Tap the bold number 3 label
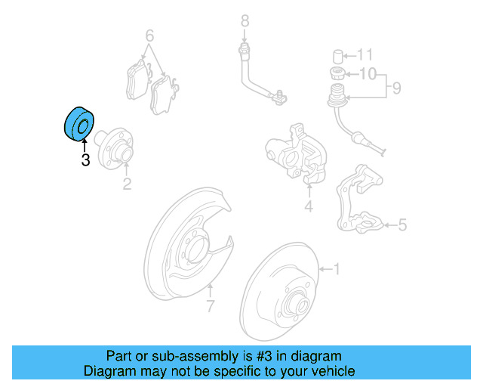coord(85,160)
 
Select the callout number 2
coord(127,184)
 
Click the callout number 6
coord(149,36)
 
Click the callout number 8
coord(244,19)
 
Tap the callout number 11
coord(365,54)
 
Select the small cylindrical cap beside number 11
coord(339,55)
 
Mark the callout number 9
coord(395,89)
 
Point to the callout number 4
coord(308,206)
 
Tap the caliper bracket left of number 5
coord(358,204)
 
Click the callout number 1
coord(337,268)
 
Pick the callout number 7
coord(211,306)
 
